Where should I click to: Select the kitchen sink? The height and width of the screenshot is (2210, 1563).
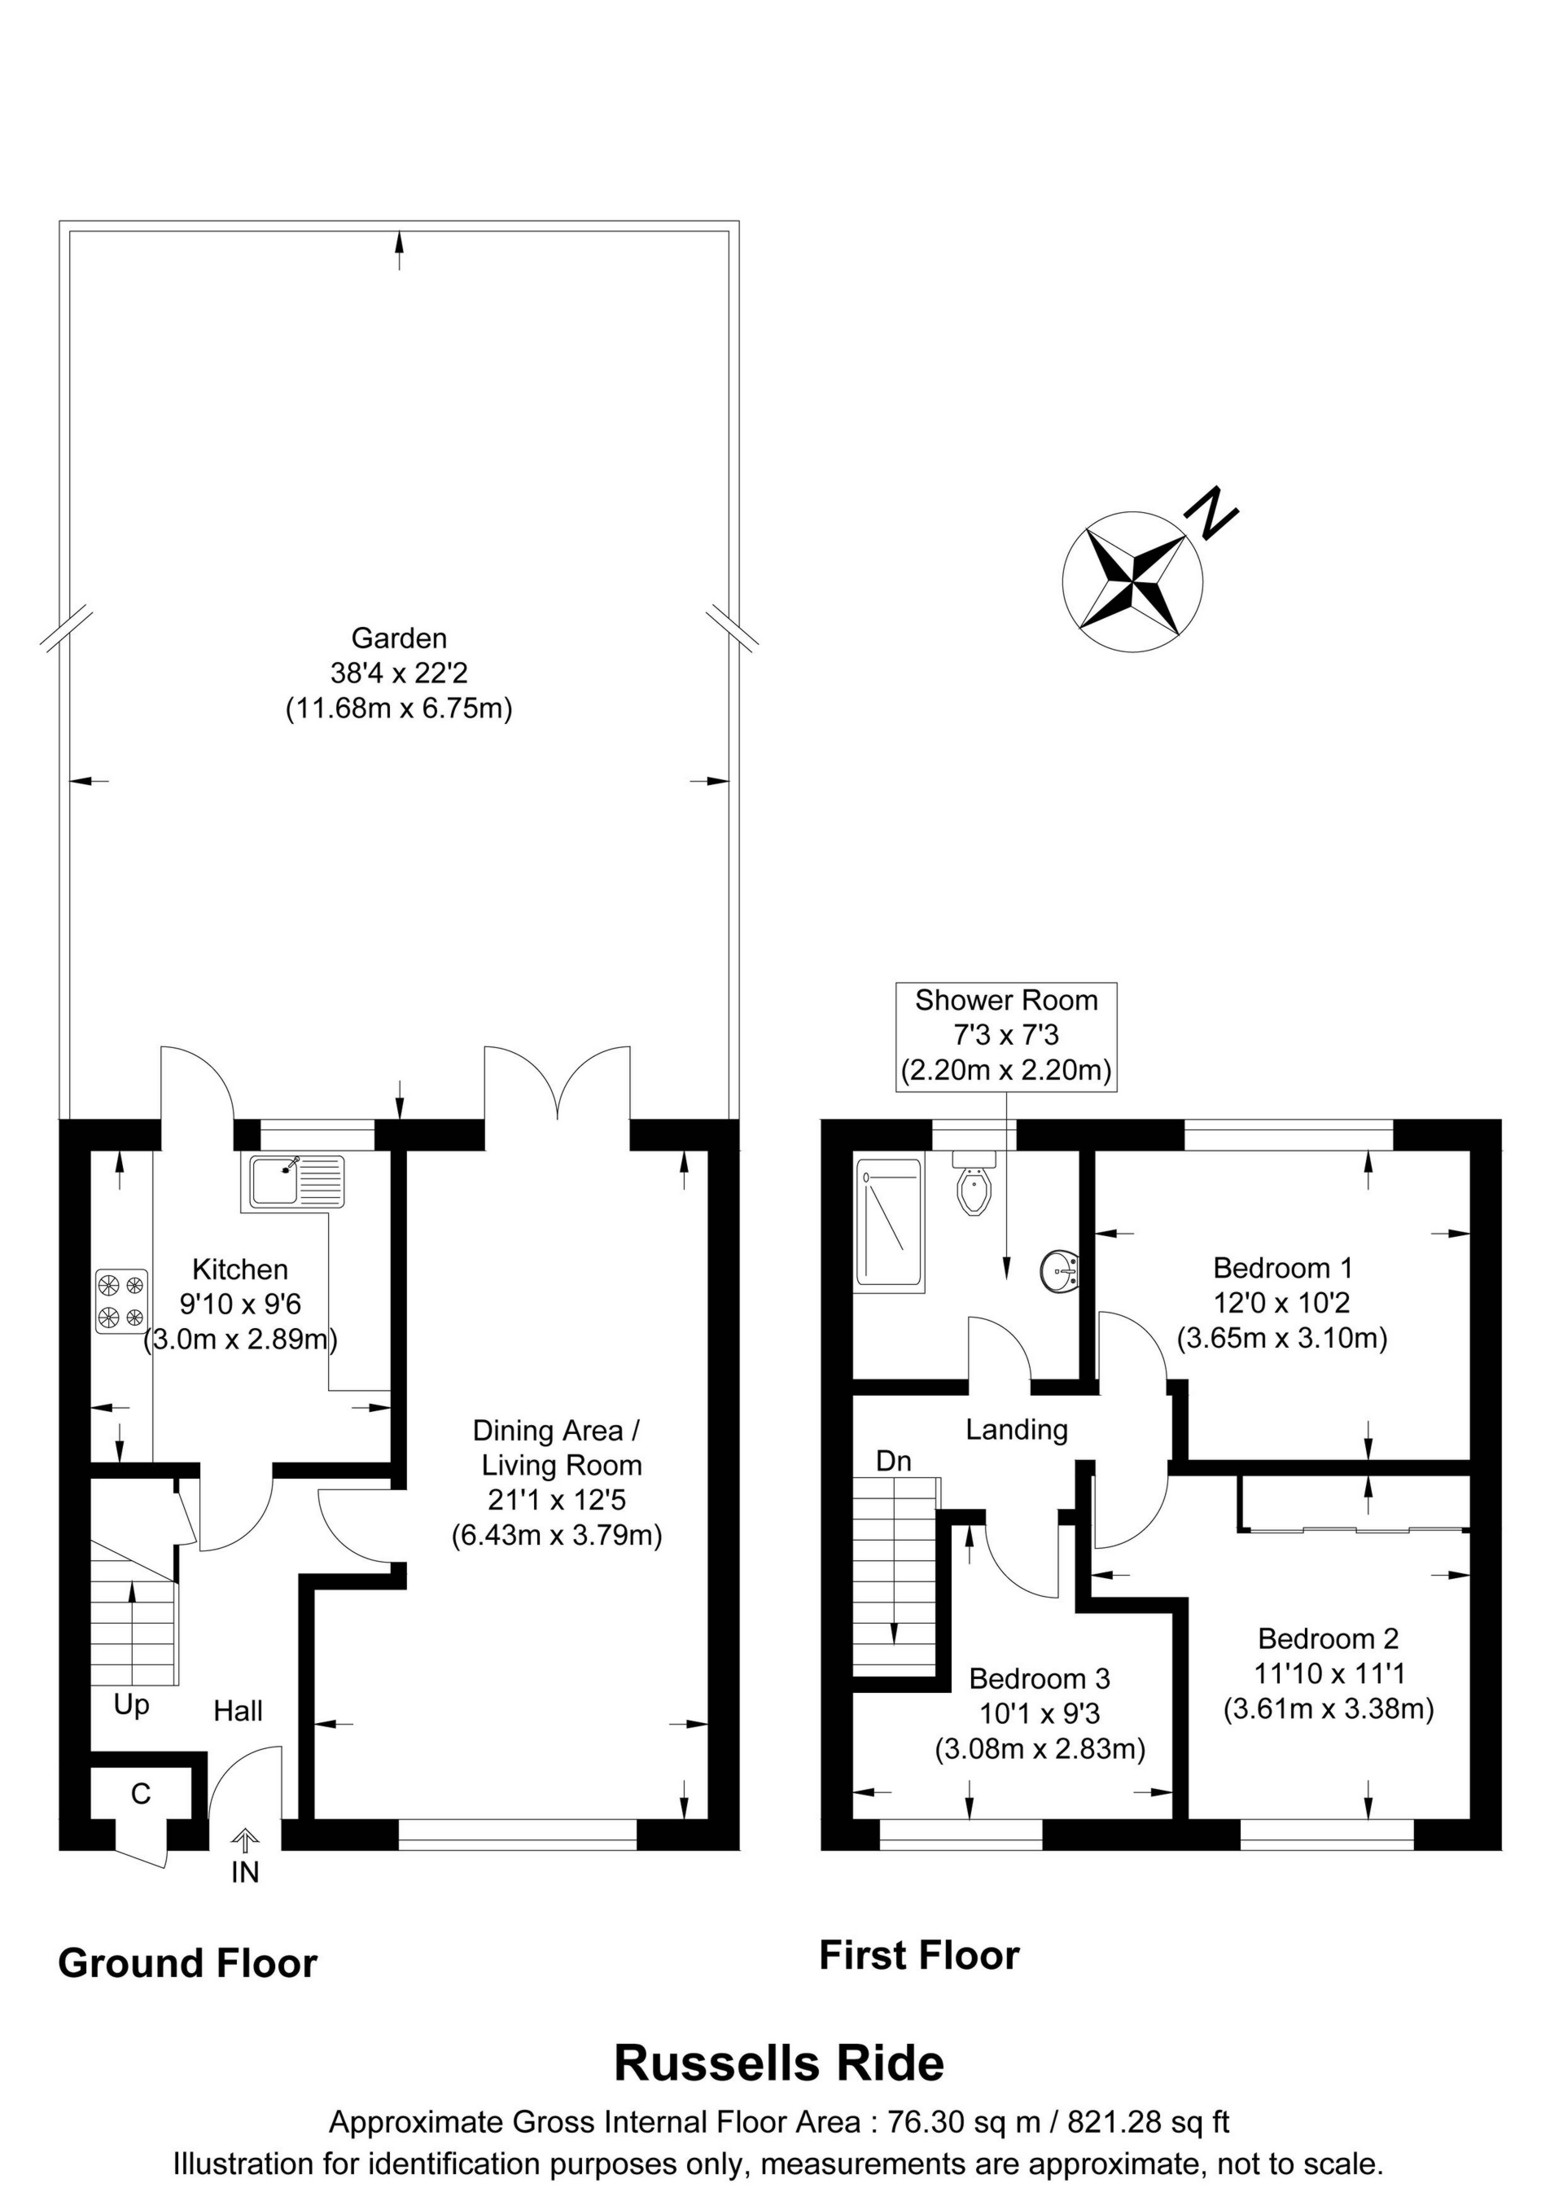click(296, 1182)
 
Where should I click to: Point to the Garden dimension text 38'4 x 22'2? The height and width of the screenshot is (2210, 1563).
click(400, 673)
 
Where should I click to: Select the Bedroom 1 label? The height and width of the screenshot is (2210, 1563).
click(1283, 1268)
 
